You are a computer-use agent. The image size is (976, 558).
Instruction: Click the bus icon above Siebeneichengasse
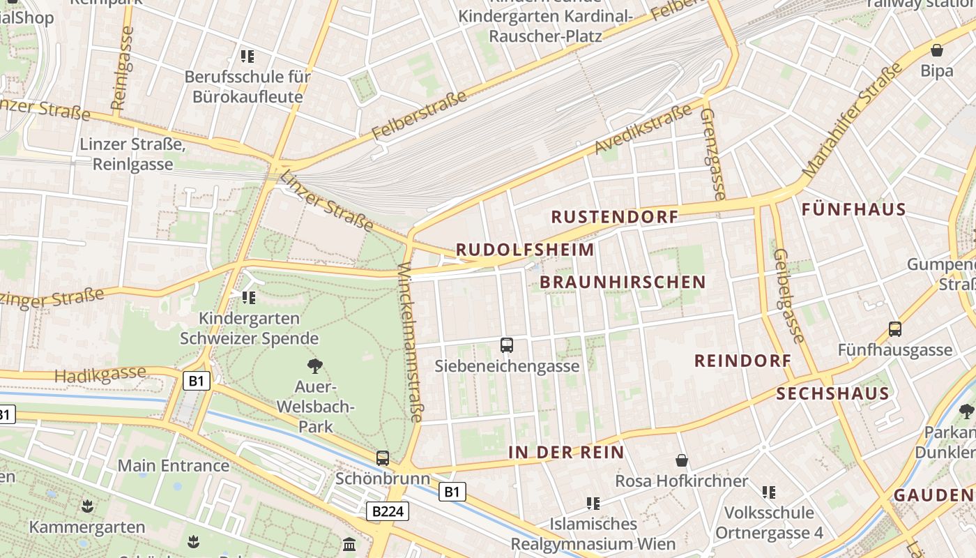coord(507,345)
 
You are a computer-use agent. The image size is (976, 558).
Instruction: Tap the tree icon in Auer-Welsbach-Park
coord(315,365)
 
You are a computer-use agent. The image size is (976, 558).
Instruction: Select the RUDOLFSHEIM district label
coord(525,250)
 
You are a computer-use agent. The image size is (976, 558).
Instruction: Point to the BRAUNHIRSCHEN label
coord(623,282)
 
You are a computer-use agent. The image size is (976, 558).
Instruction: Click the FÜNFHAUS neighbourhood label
coord(853,209)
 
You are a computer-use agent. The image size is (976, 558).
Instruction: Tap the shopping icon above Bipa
coord(937,50)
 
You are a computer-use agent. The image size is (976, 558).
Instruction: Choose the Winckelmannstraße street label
coord(411,342)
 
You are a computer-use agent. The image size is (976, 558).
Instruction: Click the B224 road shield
coord(387,511)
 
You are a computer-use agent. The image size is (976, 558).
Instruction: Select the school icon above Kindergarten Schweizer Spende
coord(249,298)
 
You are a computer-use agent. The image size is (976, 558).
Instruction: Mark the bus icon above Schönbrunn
coord(383,458)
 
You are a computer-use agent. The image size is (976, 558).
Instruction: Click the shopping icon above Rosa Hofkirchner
coord(682,460)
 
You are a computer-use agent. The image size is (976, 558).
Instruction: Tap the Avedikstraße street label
coord(643,128)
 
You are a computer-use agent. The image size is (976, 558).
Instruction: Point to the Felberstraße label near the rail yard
coord(419,115)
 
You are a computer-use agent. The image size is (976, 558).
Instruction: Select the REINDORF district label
coord(742,361)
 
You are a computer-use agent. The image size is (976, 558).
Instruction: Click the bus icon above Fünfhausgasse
coord(895,329)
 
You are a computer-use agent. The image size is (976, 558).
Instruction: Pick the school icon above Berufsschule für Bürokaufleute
coord(247,56)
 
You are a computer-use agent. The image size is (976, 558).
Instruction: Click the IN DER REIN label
coord(566,452)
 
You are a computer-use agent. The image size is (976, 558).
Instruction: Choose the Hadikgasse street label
coord(100,375)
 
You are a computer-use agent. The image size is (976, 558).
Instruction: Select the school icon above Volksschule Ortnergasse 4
coord(769,492)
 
